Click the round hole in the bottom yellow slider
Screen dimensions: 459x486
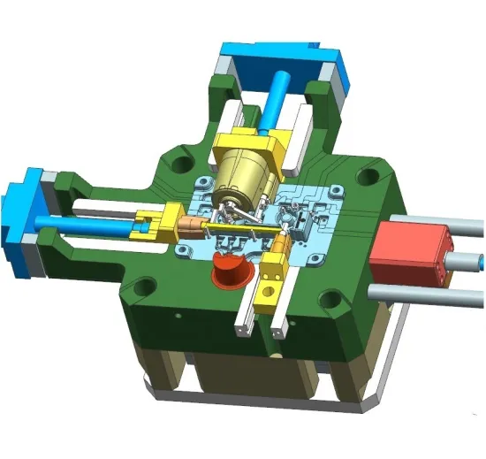tap(265, 286)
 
